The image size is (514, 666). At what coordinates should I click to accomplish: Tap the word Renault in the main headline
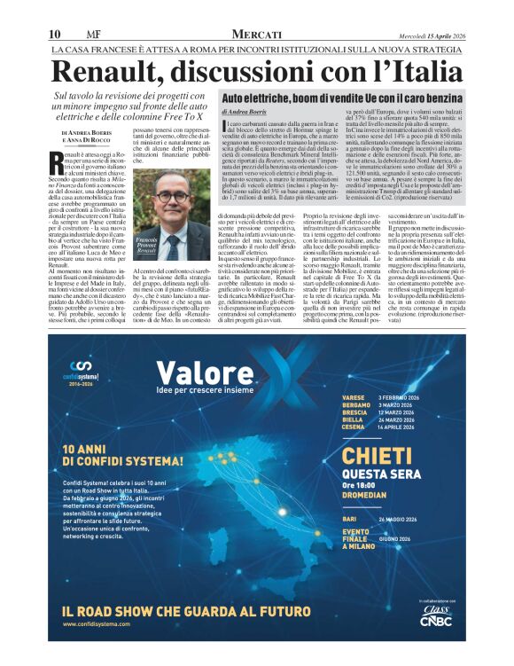[x=115, y=70]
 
